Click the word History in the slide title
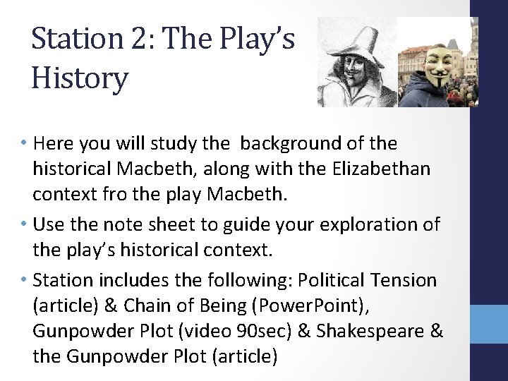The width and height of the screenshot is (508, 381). click(x=80, y=78)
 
